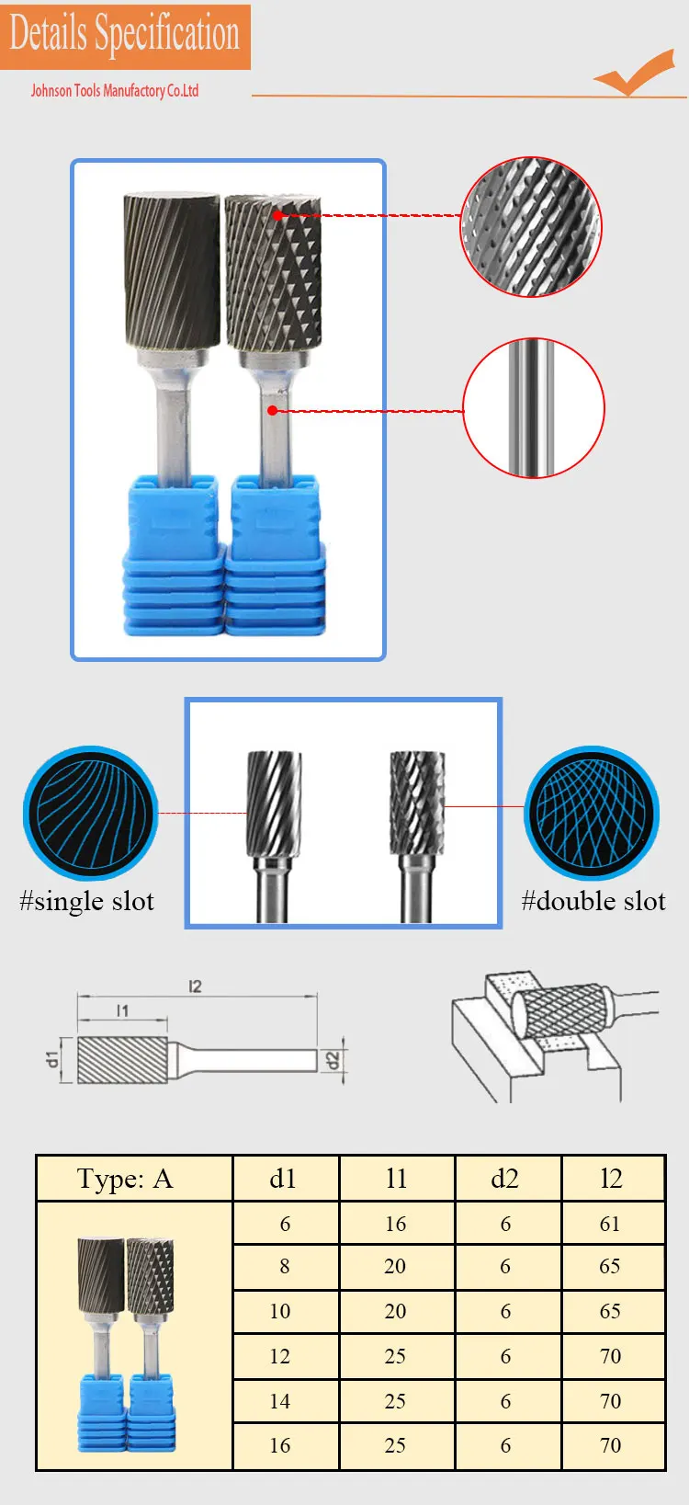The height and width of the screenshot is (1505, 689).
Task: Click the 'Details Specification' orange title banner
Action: [x=125, y=35]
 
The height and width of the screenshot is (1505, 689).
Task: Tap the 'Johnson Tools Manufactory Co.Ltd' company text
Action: [x=115, y=90]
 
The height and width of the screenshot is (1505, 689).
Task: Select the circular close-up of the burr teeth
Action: [x=530, y=226]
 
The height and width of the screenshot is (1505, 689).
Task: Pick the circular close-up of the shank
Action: [x=534, y=407]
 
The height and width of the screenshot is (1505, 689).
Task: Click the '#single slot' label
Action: [x=86, y=901]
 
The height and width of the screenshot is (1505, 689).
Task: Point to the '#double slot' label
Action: [x=593, y=901]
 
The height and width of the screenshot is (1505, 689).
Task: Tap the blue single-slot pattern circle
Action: [x=91, y=814]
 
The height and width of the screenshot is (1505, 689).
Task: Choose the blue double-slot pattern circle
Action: [x=592, y=814]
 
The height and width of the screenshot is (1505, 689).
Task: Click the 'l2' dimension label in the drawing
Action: [x=195, y=986]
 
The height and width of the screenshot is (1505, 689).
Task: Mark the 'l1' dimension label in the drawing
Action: [x=122, y=1010]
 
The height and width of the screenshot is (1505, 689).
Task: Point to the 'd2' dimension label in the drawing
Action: [x=333, y=1060]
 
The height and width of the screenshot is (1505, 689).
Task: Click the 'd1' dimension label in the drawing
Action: [x=52, y=1059]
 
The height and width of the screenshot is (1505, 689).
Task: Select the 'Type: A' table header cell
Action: [x=125, y=1179]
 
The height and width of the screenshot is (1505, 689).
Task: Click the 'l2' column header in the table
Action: [x=611, y=1179]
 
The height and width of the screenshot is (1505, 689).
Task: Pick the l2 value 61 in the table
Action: [x=610, y=1224]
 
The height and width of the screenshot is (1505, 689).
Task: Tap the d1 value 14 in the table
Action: [x=280, y=1401]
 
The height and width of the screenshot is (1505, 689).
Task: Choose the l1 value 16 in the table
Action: [x=396, y=1224]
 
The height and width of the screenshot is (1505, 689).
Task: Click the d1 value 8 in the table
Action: [x=285, y=1267]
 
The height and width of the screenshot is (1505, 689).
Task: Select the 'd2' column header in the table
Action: [x=505, y=1179]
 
